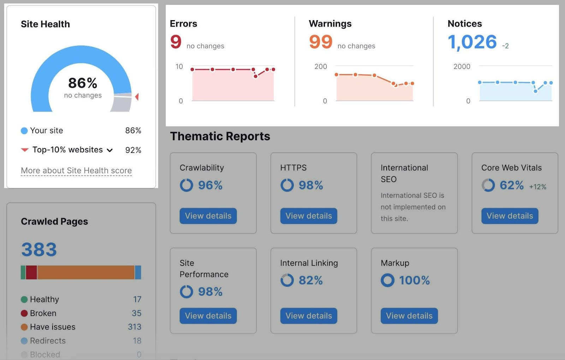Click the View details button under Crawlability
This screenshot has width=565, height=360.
[208, 216]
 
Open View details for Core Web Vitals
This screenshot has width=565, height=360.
[510, 216]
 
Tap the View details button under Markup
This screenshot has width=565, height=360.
[409, 316]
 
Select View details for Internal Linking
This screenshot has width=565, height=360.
[309, 316]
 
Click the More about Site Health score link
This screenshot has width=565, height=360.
[76, 171]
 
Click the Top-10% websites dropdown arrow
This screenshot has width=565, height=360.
[110, 150]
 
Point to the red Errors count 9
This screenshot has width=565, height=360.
[176, 42]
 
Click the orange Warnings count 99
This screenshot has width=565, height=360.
[321, 42]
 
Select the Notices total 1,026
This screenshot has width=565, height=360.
[472, 42]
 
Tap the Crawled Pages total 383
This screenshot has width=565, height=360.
[39, 250]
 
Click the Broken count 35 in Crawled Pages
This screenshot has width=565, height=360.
[136, 313]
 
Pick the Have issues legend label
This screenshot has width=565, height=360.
[53, 327]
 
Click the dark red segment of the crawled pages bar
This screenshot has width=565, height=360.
[31, 272]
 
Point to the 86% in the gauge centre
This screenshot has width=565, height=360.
[83, 83]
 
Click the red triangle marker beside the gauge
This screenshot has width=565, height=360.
[137, 96]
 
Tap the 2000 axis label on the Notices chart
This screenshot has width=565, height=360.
[462, 66]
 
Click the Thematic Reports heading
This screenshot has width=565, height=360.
[220, 136]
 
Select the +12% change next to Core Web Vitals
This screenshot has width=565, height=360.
[537, 187]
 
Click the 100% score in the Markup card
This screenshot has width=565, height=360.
[414, 281]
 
